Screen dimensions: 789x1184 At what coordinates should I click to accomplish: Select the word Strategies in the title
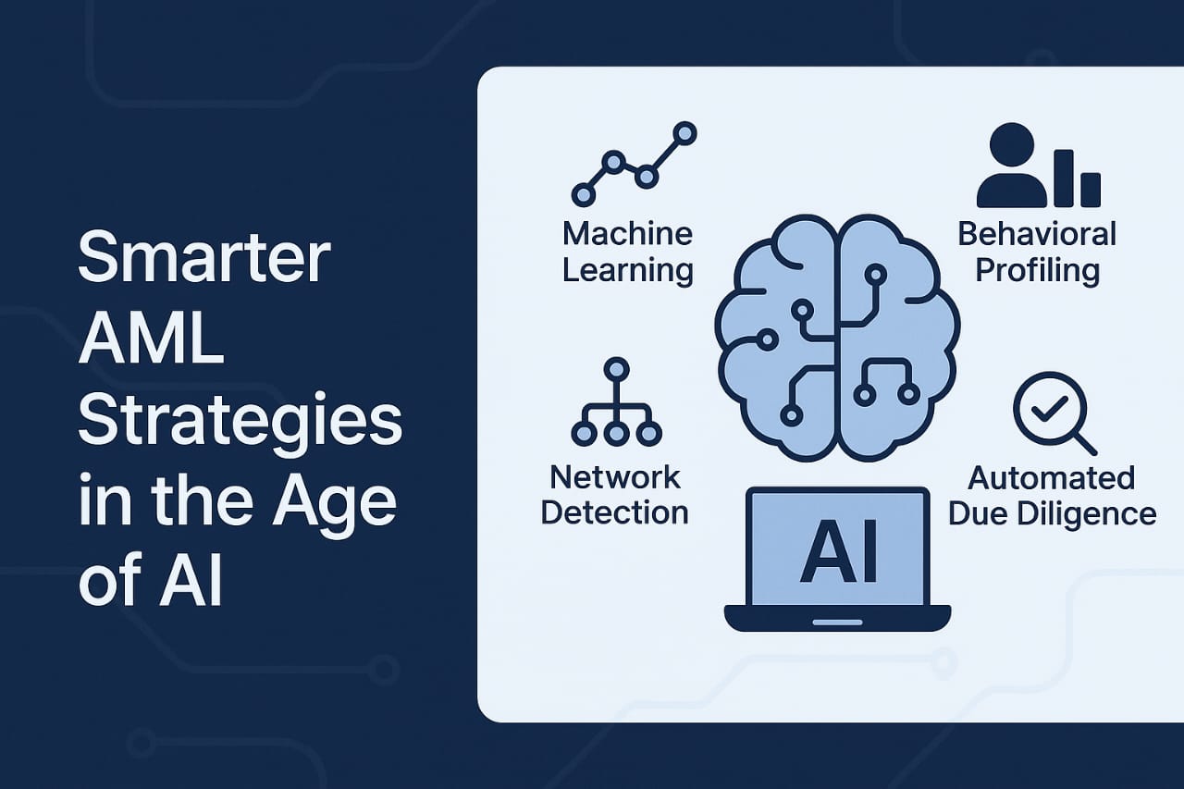point(240,425)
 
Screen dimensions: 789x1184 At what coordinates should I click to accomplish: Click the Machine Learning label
point(627,251)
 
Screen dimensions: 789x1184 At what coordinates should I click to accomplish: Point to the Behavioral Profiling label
point(1037,251)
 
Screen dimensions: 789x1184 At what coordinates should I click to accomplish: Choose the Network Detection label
point(614,495)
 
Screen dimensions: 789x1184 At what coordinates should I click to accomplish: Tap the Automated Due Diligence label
point(1052,495)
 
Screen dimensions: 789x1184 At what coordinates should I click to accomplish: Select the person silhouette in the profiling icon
point(1013,166)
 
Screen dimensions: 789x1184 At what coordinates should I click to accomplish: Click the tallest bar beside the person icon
point(1064,178)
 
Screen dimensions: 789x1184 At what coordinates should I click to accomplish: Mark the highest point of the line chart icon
point(684,133)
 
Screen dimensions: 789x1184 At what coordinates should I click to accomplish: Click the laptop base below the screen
point(837,618)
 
